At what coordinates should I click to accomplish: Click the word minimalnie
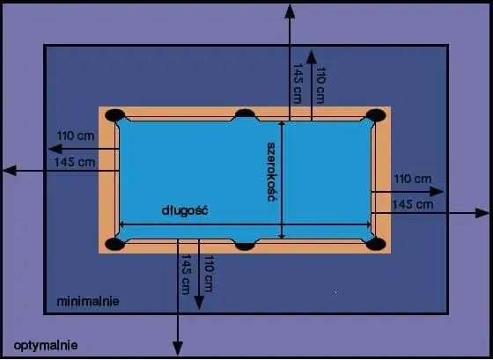point(88,302)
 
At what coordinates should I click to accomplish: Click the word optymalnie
point(46,346)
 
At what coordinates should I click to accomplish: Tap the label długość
point(185,210)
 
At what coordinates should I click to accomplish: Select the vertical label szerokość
point(270,172)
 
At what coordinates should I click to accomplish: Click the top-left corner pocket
point(115,115)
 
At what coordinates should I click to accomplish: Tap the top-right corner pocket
point(376,115)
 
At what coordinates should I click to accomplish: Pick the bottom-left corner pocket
point(115,244)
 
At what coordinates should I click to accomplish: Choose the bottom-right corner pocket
point(376,244)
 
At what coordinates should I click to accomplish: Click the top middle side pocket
point(246,114)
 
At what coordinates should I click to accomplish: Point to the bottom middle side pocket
point(246,246)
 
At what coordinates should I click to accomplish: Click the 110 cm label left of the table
point(76,136)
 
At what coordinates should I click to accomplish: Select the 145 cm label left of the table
point(75,162)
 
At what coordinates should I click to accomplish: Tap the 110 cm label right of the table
point(413,179)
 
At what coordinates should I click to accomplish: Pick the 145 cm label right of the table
point(413,205)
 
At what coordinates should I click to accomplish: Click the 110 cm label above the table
point(320,84)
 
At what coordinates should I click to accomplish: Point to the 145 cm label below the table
point(186,274)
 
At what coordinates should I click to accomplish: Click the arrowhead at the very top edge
point(290,11)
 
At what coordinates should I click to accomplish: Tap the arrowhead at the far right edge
point(482,213)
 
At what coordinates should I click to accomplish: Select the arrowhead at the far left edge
point(10,171)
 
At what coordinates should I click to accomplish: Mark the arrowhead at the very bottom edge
point(178,349)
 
